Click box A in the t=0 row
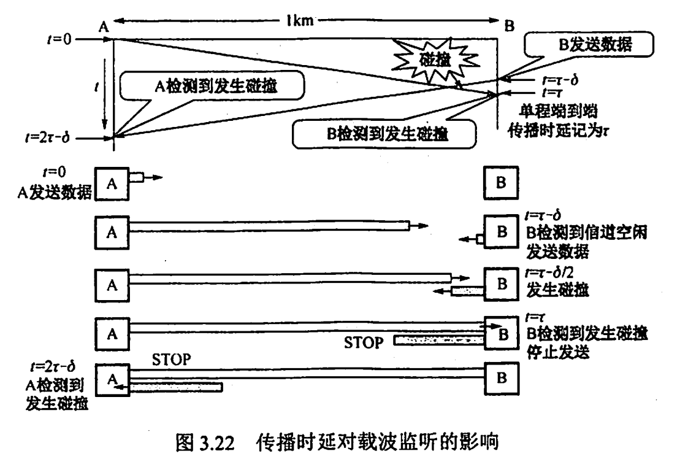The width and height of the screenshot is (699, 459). [x=111, y=182]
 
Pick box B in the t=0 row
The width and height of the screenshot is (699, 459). [x=500, y=182]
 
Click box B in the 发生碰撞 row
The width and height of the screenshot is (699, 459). [x=500, y=284]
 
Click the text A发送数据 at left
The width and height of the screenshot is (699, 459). [x=53, y=191]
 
